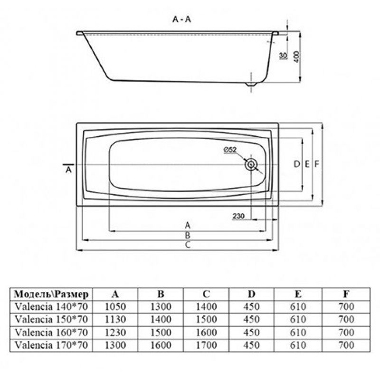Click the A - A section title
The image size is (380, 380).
click(x=181, y=19)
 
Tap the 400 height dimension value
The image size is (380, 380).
click(x=296, y=57)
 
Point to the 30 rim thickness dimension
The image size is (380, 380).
click(x=283, y=56)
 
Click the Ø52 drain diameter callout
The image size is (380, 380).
click(x=230, y=150)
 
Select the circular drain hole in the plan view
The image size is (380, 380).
click(x=251, y=165)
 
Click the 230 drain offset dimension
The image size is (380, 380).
click(x=239, y=216)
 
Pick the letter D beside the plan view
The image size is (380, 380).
click(x=296, y=164)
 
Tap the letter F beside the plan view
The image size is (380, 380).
click(x=317, y=164)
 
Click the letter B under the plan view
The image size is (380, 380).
click(x=187, y=235)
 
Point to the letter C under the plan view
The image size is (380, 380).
click(x=188, y=245)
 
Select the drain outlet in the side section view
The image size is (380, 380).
click(x=251, y=85)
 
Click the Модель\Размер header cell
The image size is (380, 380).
click(x=51, y=294)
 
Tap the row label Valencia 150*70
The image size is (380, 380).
click(x=51, y=319)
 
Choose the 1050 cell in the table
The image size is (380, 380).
click(x=115, y=307)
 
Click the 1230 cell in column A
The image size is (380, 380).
click(x=115, y=332)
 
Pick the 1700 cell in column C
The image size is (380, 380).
click(x=206, y=345)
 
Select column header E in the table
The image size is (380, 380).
click(x=298, y=294)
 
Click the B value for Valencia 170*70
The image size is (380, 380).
click(x=161, y=345)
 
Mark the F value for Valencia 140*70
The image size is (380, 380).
click(x=346, y=307)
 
